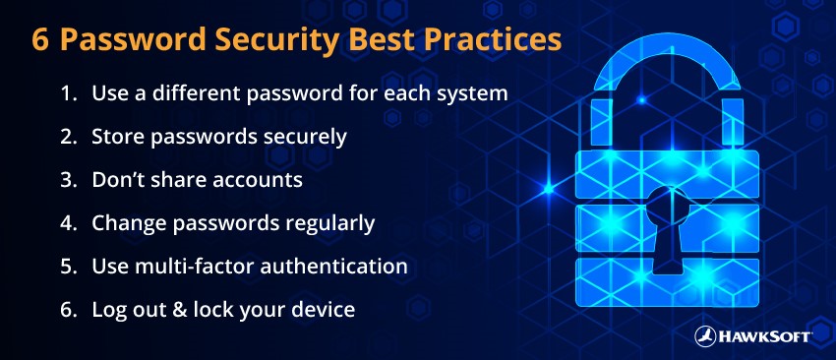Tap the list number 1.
coord(67,94)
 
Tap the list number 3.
coord(68,180)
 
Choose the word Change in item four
coord(125,223)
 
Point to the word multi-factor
coord(186,267)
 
